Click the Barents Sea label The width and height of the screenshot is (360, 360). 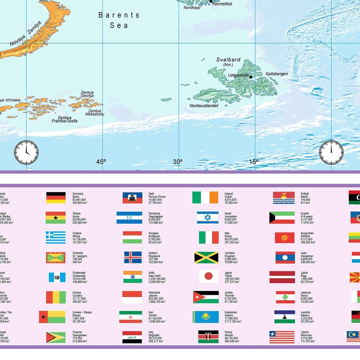pos(119,20)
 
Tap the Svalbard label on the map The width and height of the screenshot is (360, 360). pos(228,59)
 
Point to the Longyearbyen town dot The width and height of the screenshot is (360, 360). pos(251,76)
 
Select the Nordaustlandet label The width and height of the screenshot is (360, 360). pos(204,106)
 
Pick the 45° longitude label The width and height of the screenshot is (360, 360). pos(101,162)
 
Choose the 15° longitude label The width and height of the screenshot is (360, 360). pos(254,162)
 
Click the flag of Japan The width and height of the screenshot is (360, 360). pos(208,276)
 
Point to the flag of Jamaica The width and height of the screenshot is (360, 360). pos(206,257)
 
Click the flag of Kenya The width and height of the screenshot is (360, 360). pos(208,337)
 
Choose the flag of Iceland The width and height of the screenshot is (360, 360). pos(133,257)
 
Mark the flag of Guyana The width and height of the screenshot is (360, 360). pos(56,337)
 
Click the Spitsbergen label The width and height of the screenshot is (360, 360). pos(276,74)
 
